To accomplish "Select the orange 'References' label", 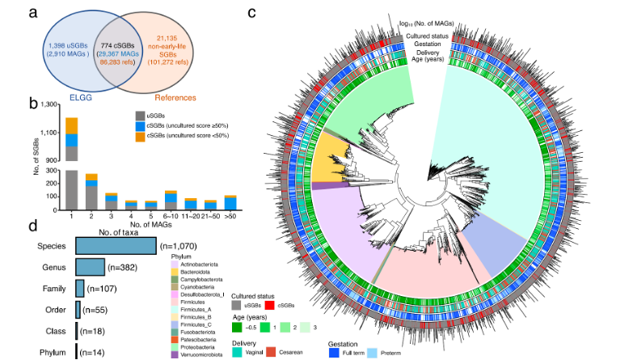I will pyautogui.click(x=175, y=97).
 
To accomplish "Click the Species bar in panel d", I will pyautogui.click(x=116, y=245).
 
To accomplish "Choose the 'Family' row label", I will pyautogui.click(x=55, y=287).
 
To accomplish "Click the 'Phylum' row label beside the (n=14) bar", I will pyautogui.click(x=53, y=352).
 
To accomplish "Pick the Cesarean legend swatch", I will pyautogui.click(x=273, y=354).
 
